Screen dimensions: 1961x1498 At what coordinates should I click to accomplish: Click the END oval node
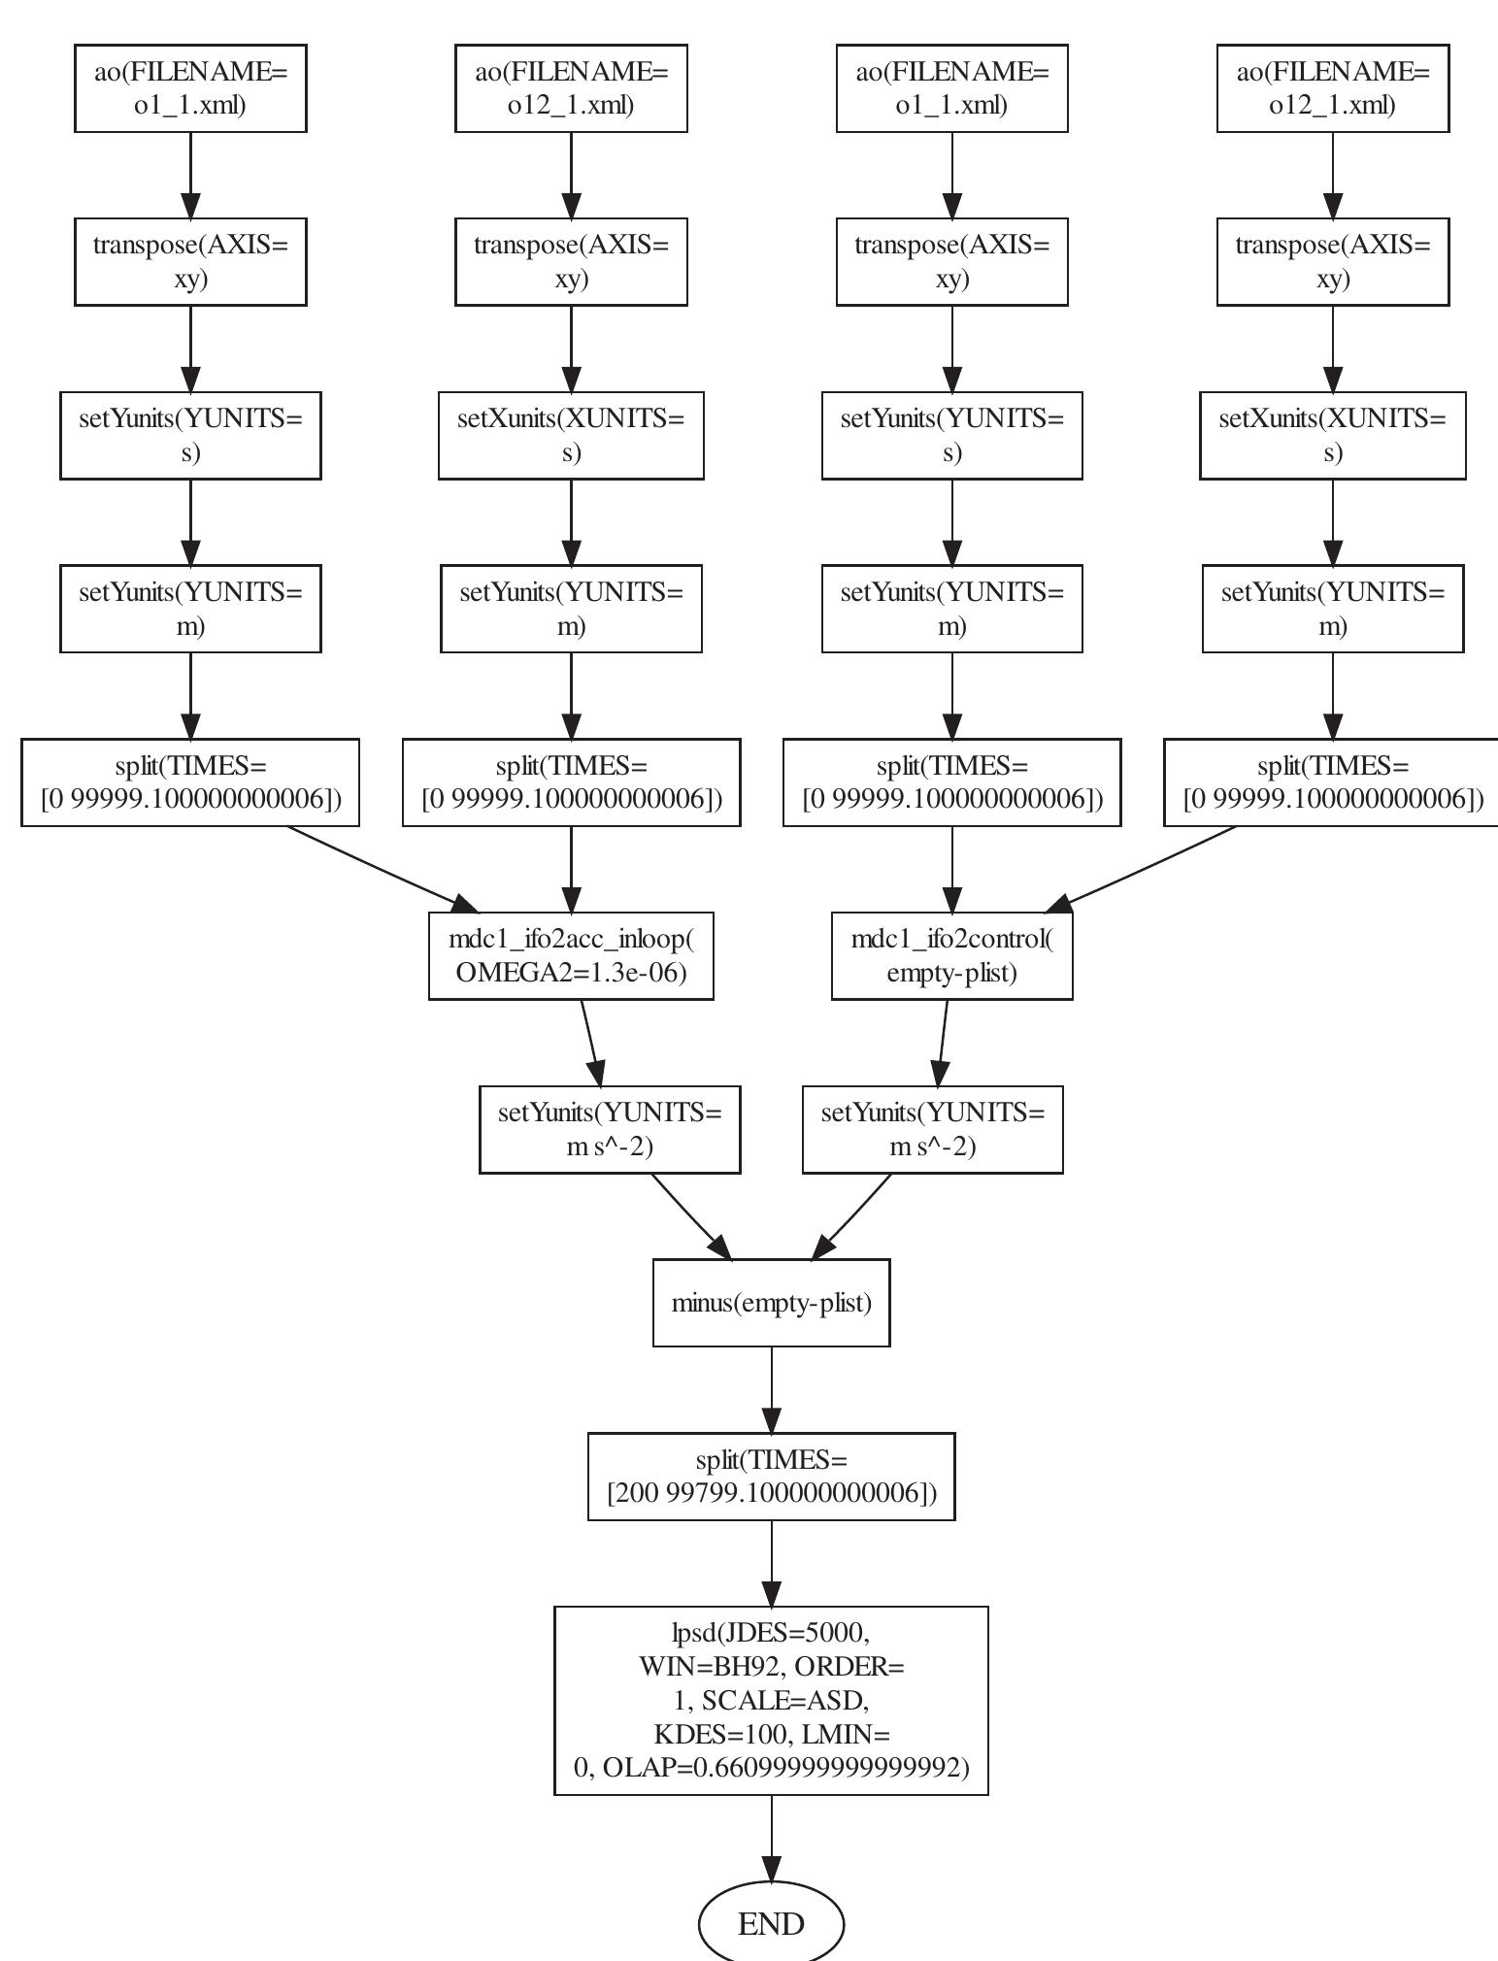(771, 1923)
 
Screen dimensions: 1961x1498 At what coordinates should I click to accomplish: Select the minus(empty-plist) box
(771, 1303)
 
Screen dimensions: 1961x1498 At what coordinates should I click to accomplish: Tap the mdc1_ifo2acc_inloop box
(571, 955)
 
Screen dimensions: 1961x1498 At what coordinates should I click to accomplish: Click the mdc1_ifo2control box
(951, 955)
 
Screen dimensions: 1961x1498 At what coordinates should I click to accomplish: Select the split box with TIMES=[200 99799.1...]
(771, 1476)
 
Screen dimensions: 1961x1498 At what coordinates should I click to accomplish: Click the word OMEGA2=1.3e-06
(571, 973)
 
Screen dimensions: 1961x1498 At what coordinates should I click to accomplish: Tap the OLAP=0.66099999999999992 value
(785, 1768)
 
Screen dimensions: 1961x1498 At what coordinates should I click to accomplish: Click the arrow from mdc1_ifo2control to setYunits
(943, 1043)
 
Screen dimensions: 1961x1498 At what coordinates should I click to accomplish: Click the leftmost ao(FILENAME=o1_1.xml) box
(190, 87)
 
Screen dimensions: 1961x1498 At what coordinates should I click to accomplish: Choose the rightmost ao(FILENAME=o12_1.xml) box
(1332, 87)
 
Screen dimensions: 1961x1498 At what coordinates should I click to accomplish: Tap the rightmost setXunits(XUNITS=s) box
(1332, 435)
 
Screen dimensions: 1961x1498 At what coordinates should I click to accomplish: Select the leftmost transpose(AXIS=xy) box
(190, 262)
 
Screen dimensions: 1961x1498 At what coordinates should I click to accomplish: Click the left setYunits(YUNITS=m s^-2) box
(610, 1130)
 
